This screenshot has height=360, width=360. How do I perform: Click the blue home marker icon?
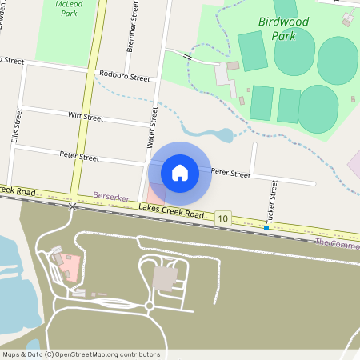[180, 171]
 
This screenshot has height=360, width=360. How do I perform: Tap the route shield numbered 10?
[223, 218]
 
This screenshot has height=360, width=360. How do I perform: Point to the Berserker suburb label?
[110, 195]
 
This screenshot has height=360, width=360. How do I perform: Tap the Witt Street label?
[86, 117]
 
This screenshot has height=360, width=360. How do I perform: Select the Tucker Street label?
[273, 200]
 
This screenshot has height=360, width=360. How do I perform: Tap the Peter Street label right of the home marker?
[230, 174]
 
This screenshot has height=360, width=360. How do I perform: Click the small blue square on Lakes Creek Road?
[266, 228]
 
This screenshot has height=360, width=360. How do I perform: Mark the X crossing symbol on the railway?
[73, 207]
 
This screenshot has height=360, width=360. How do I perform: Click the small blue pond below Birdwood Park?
[226, 135]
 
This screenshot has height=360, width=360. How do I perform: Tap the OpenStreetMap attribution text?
[81, 354]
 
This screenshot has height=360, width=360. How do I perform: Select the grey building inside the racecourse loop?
[166, 278]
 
